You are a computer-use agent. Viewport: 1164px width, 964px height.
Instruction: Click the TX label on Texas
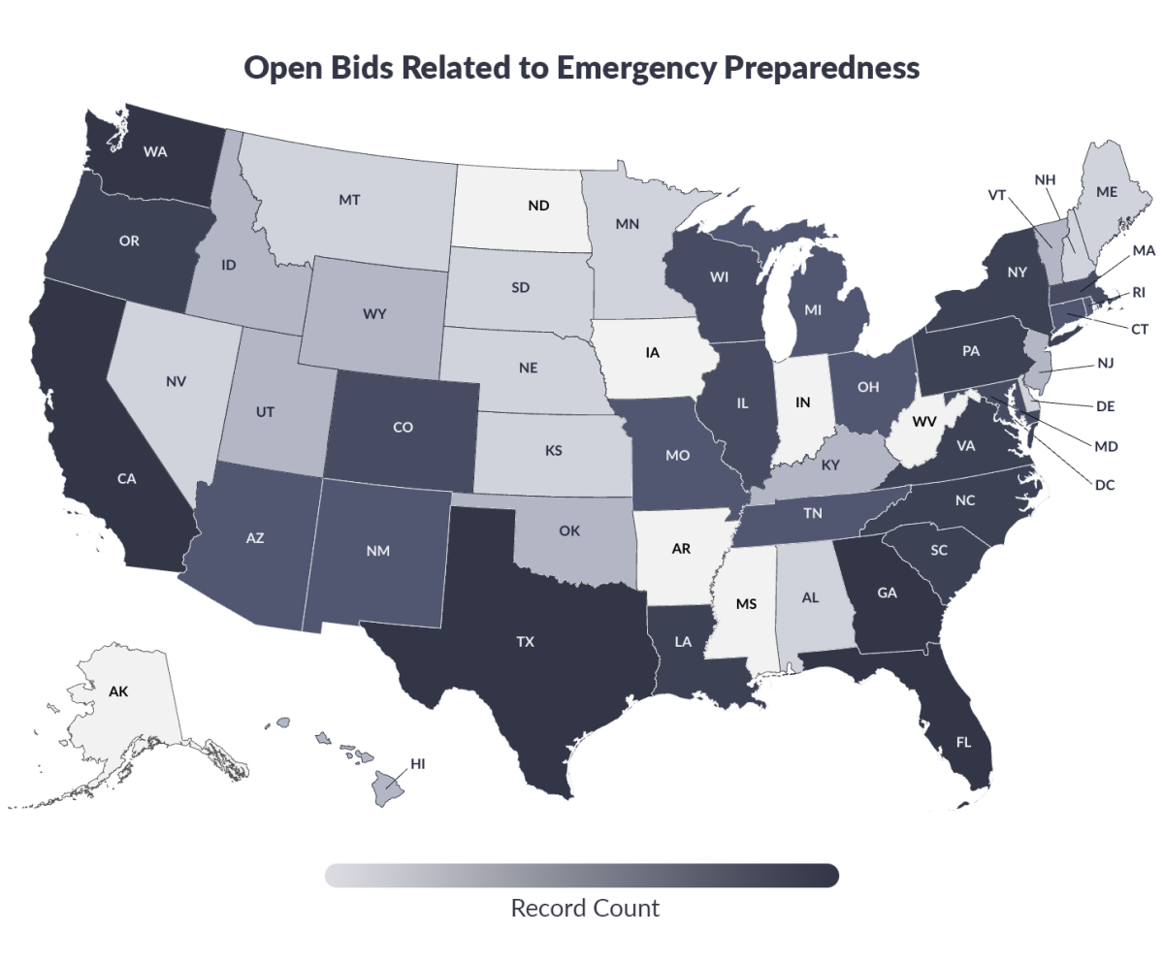[525, 642]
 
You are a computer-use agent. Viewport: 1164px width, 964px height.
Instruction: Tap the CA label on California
[126, 478]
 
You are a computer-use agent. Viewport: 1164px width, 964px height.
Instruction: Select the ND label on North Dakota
[538, 206]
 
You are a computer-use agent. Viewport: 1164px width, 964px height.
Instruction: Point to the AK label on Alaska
[117, 692]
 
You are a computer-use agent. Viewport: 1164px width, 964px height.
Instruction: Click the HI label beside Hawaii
[417, 764]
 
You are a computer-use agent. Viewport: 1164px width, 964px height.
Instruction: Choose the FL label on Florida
[963, 743]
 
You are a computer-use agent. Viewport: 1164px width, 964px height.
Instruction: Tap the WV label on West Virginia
[923, 422]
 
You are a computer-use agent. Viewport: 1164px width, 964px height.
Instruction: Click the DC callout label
[1105, 484]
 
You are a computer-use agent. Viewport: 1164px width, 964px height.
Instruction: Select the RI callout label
[1139, 292]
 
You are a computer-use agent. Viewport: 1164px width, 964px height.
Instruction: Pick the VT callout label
[997, 194]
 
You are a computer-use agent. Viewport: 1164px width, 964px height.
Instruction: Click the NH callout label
[1045, 180]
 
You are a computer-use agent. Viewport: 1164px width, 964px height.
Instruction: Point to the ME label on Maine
[1107, 192]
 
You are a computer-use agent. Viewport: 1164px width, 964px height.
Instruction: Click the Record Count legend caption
[584, 909]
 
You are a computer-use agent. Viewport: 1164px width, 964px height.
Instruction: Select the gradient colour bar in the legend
[582, 875]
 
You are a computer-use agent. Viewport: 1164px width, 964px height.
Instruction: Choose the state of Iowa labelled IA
[653, 353]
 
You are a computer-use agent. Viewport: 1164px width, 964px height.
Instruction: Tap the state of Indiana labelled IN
[803, 401]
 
